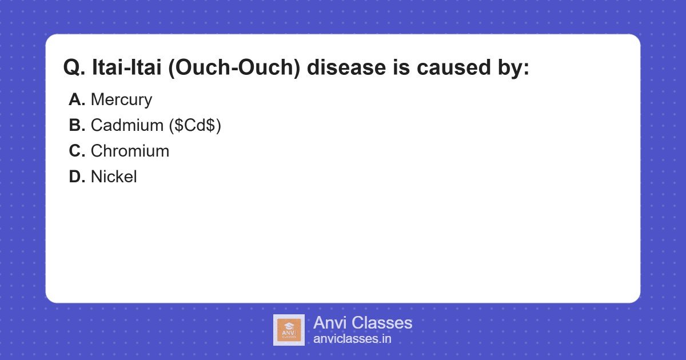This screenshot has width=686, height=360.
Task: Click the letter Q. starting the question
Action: coord(74,68)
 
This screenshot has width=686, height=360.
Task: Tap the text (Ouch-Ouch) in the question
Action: coord(236,68)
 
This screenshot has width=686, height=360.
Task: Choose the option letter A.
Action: coord(77,100)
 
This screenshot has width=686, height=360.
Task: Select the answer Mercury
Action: coord(121,100)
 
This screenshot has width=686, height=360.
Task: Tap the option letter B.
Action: coord(77,126)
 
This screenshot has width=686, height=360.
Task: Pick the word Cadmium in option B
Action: coord(127,126)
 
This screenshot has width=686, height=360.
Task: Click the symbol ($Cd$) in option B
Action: coord(195,126)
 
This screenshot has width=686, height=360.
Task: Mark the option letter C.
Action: coord(77,151)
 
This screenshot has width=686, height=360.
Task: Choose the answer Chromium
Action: coord(130,151)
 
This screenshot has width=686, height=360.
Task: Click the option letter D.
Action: coord(77,177)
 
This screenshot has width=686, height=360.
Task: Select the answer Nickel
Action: coord(114,177)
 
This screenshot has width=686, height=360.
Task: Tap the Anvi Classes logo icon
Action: coord(289,330)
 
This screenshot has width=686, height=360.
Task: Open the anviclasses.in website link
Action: coord(352,339)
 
